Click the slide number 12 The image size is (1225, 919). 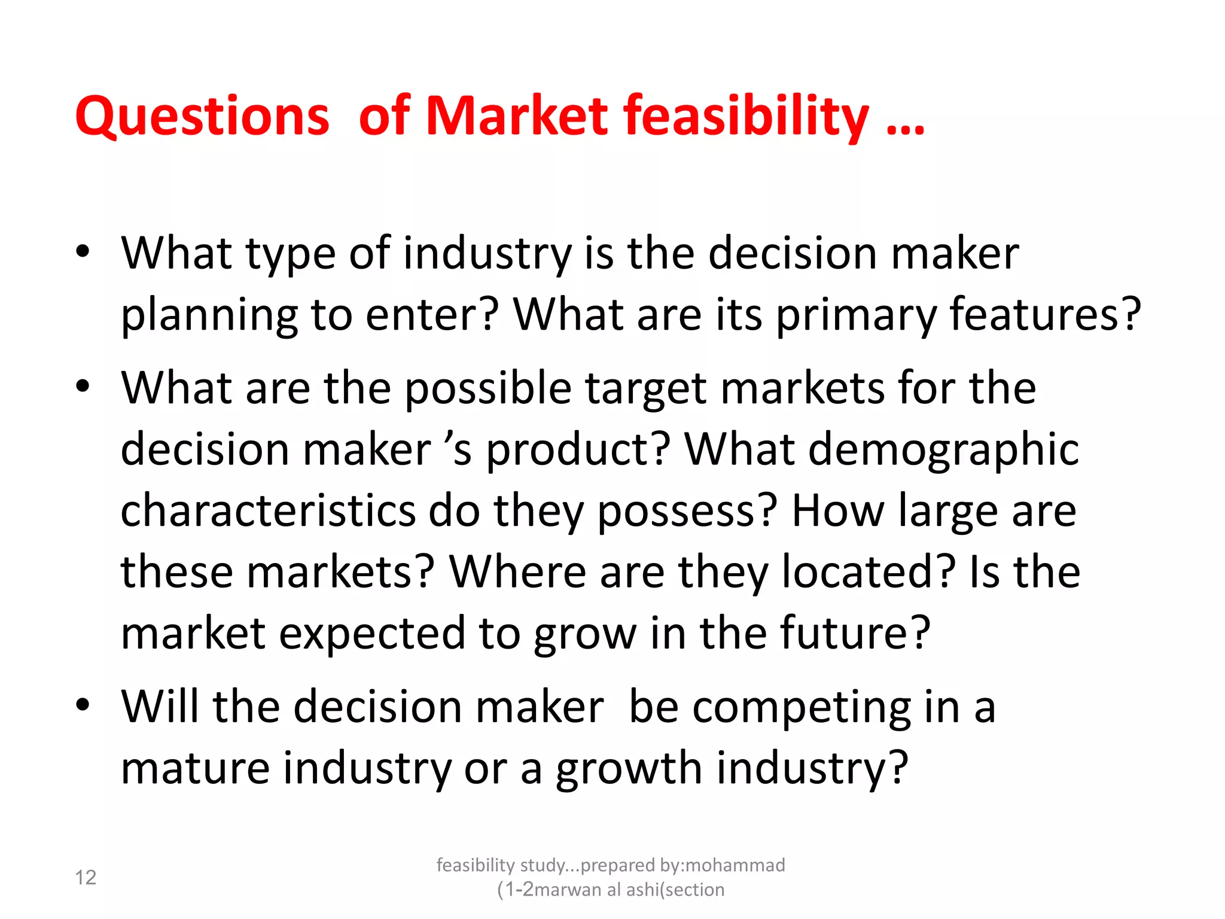[86, 877]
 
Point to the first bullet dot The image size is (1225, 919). [83, 251]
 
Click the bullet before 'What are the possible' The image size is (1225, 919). [83, 387]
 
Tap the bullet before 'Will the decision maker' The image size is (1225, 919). [83, 705]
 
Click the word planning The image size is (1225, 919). [209, 315]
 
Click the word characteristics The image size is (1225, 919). [268, 510]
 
